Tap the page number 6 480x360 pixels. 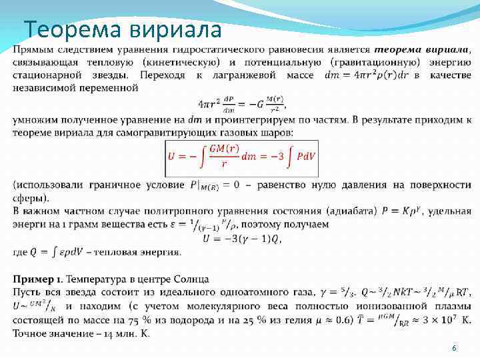click(x=454, y=349)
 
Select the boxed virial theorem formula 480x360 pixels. click(x=243, y=157)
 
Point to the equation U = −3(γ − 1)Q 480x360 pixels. click(x=242, y=238)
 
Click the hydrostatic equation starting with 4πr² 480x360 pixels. click(x=241, y=103)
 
